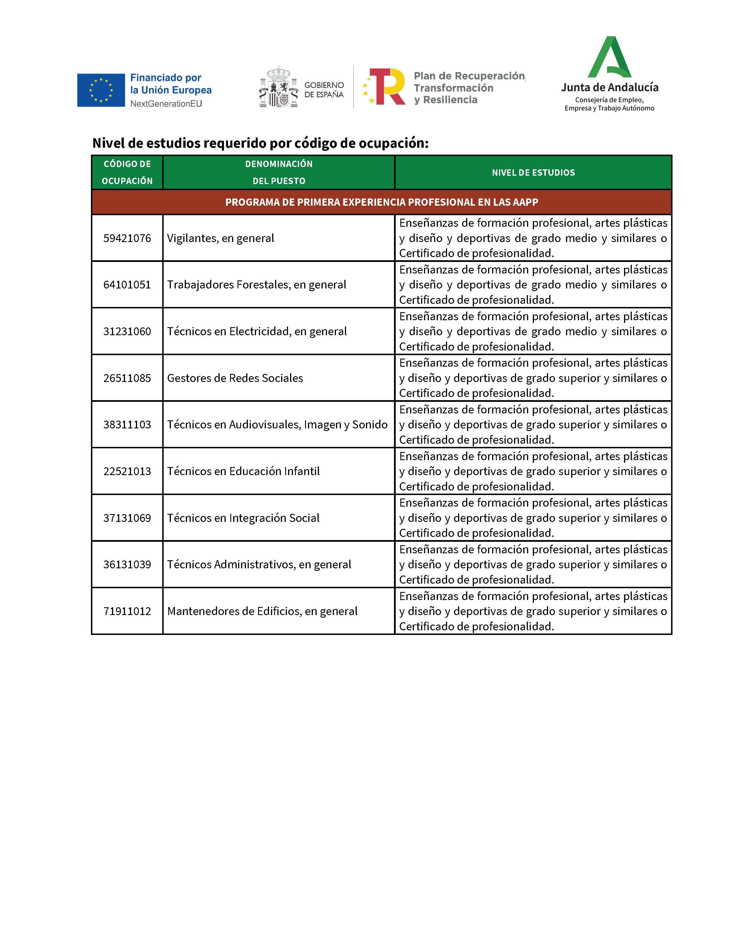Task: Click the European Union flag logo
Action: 101,90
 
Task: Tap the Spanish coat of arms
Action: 278,87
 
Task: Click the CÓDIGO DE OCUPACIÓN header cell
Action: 127,173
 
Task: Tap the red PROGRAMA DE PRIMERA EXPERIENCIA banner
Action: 382,202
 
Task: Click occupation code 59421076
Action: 127,238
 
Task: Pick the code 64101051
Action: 127,285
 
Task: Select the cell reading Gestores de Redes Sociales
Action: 235,378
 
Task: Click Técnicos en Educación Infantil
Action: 243,471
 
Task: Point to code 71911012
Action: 127,611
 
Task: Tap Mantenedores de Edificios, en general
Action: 262,611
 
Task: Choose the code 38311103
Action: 127,425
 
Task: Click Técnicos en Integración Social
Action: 243,518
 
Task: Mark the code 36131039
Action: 127,565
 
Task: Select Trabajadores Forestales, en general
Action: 256,285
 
